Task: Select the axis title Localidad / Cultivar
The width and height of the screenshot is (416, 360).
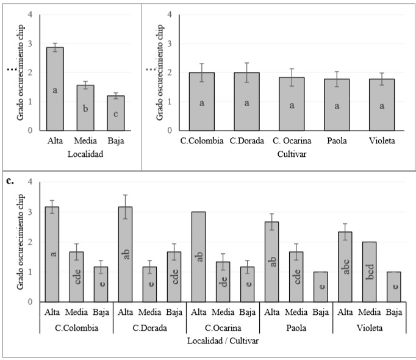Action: [223, 340]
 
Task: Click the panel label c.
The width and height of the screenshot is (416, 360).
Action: [10, 181]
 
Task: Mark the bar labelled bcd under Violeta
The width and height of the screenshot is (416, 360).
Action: [370, 272]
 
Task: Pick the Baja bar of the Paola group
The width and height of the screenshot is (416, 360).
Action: [321, 287]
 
